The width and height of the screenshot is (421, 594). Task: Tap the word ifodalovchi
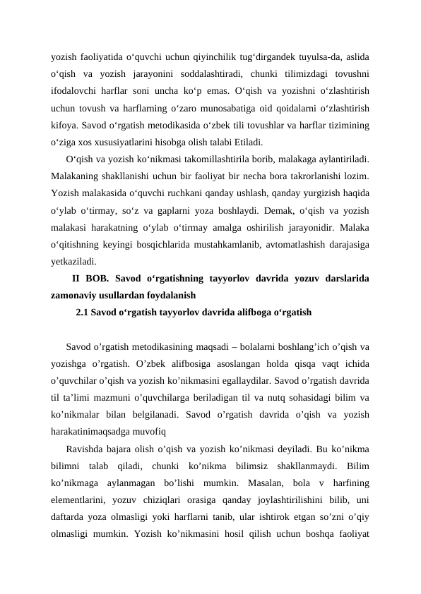click(x=76, y=92)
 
